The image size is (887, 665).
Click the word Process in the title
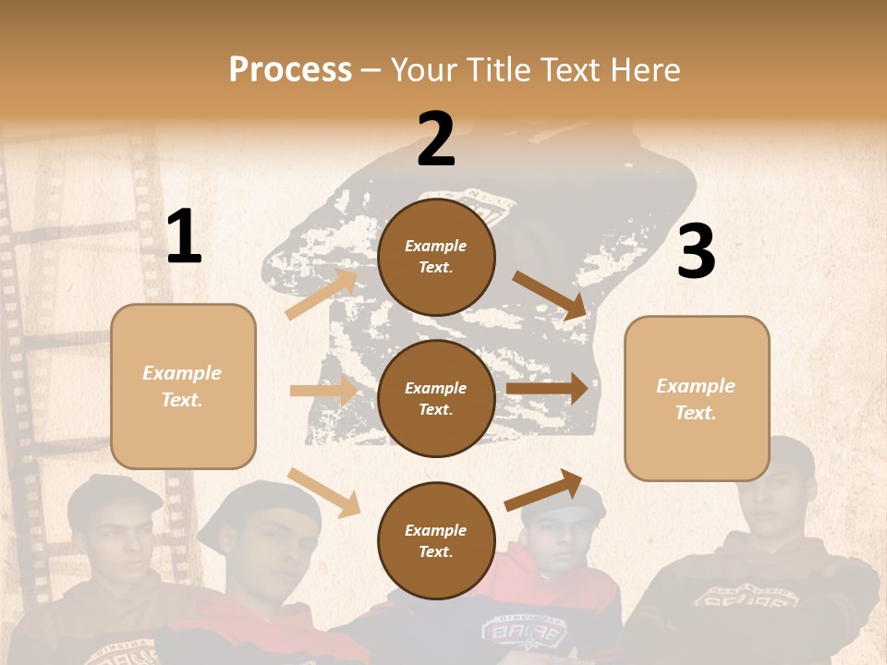(x=290, y=70)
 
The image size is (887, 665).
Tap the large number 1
(x=183, y=237)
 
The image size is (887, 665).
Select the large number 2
(x=436, y=139)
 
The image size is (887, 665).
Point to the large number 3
(x=696, y=252)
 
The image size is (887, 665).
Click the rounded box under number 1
(x=183, y=386)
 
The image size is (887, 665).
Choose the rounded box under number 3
(x=697, y=398)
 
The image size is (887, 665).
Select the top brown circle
(x=436, y=257)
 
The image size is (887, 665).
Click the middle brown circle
(x=436, y=398)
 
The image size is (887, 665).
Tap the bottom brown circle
(x=436, y=540)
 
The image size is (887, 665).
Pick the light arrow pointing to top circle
(x=322, y=295)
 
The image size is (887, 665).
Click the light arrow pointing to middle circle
(x=322, y=391)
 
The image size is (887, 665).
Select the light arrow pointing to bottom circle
(x=323, y=491)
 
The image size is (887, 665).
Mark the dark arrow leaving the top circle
(x=551, y=296)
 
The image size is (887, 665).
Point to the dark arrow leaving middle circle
(x=547, y=389)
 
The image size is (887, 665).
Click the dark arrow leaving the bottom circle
(x=544, y=490)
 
